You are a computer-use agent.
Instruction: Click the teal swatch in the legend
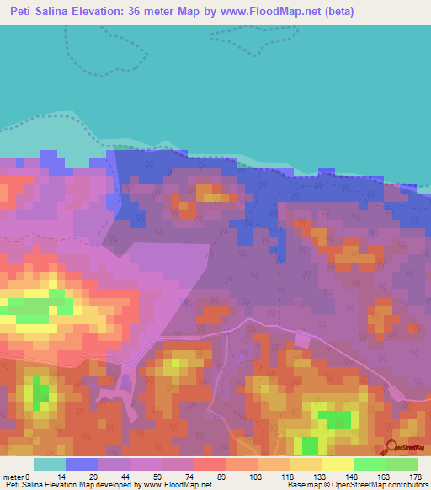pyautogui.click(x=50, y=464)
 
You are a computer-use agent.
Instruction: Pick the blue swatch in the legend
pyautogui.click(x=82, y=464)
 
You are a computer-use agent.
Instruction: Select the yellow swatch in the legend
pyautogui.click(x=338, y=464)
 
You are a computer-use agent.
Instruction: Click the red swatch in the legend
pyautogui.click(x=210, y=464)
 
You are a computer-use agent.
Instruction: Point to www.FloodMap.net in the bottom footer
pyautogui.click(x=178, y=486)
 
